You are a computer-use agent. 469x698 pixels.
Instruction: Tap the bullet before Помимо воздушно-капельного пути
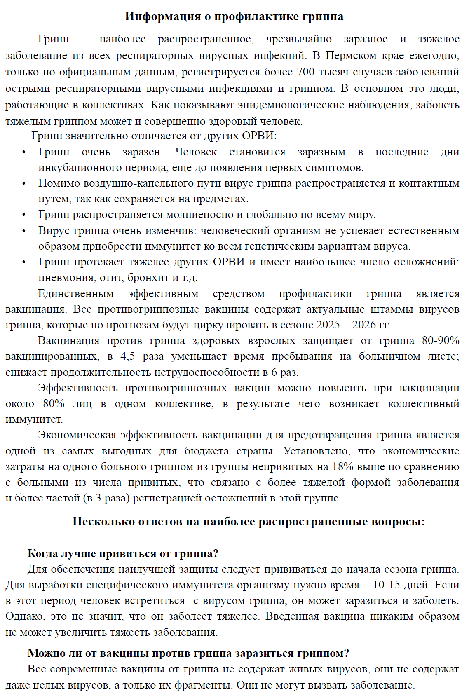[x=24, y=184]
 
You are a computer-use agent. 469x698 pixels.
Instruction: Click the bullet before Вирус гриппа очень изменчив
[x=24, y=231]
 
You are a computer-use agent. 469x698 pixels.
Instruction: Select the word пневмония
[x=67, y=278]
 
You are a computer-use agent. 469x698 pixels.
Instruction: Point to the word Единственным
[x=76, y=294]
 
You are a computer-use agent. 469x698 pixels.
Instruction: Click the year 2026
[x=363, y=325]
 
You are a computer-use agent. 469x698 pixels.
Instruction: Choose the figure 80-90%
[x=441, y=341]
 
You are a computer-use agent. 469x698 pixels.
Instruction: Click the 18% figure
[x=343, y=467]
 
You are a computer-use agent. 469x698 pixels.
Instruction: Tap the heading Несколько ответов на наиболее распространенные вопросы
[x=249, y=522]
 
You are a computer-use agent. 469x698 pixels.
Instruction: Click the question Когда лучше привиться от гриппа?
[x=123, y=553]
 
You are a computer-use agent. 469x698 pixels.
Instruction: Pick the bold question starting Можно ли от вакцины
[x=188, y=653]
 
